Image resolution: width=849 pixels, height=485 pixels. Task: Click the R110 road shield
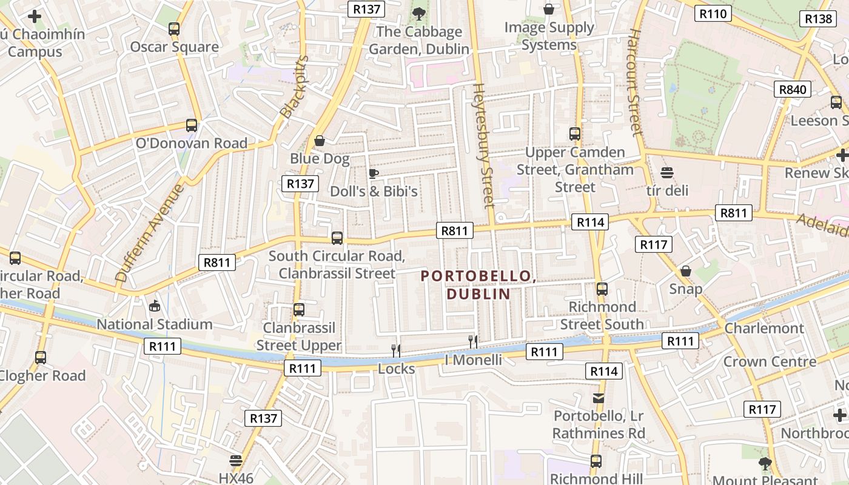[713, 13]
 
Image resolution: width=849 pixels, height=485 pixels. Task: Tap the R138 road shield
[819, 19]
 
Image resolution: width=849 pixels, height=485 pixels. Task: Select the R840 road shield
[793, 90]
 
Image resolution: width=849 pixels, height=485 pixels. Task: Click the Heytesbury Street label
[483, 145]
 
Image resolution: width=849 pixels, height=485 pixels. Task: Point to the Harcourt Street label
[634, 82]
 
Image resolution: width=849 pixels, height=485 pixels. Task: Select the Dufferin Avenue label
[149, 233]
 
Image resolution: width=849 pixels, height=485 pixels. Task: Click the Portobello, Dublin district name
[478, 285]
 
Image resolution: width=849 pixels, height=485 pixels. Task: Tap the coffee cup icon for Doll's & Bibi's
[374, 174]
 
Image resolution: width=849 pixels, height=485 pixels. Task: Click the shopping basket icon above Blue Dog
[320, 141]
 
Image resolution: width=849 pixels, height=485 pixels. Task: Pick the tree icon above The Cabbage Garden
[418, 13]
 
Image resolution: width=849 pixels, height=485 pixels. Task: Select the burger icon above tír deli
[667, 173]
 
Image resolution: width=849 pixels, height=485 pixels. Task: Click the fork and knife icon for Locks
[396, 350]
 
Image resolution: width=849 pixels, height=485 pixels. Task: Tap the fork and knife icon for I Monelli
[473, 342]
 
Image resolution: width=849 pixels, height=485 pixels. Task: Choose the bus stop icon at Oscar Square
[174, 28]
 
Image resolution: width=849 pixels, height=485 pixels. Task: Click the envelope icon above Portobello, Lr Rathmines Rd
[599, 398]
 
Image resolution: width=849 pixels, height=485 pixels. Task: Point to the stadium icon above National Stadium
[155, 306]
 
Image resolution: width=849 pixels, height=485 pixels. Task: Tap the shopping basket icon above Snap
[686, 271]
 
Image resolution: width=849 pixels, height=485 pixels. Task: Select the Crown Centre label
[770, 362]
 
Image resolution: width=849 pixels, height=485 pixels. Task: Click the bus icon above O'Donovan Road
[192, 125]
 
